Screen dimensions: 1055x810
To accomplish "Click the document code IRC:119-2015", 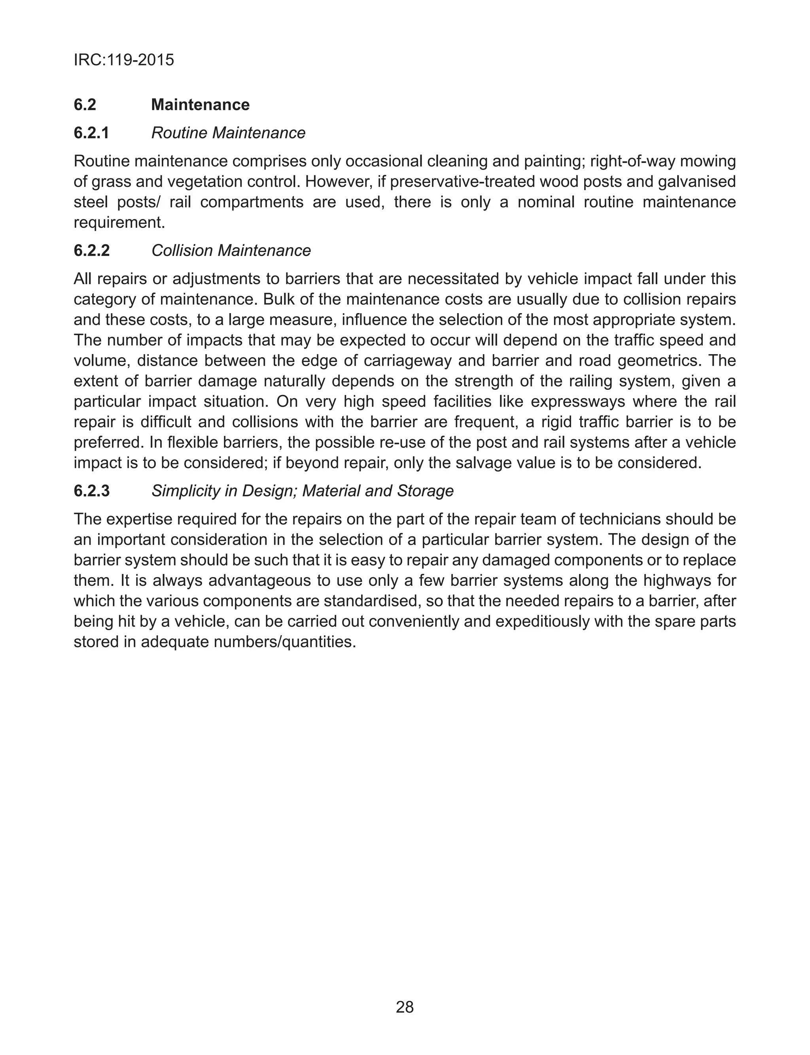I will pyautogui.click(x=123, y=60).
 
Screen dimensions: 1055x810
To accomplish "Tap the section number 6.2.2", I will pyautogui.click(x=92, y=251).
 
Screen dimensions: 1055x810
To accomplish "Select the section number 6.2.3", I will pyautogui.click(x=92, y=491).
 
